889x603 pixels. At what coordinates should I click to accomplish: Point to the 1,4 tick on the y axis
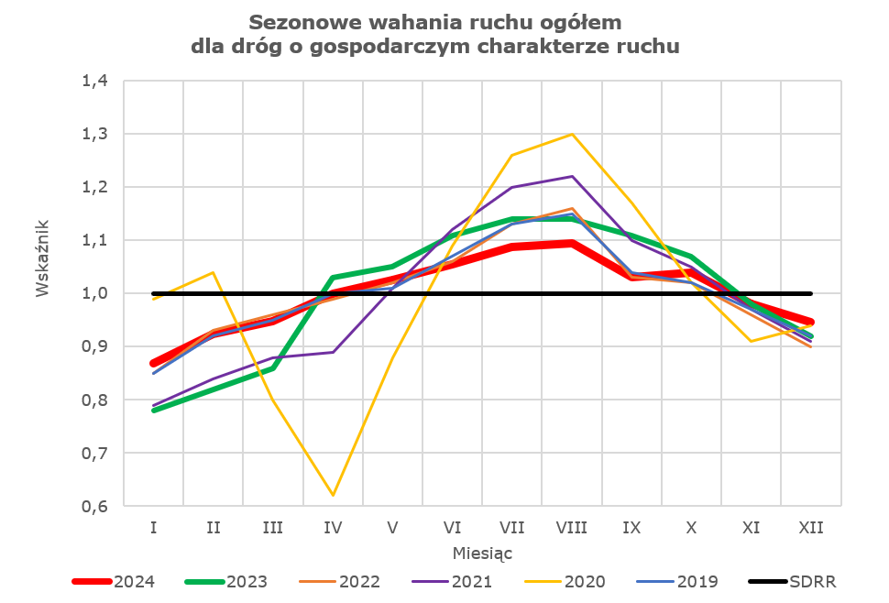click(94, 81)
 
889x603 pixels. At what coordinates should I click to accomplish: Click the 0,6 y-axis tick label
click(94, 507)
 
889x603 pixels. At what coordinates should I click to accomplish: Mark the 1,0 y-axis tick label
click(94, 293)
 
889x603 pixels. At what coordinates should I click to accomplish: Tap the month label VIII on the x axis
click(572, 528)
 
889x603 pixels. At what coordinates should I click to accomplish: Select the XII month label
click(810, 528)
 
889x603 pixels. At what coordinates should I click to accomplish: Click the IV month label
click(333, 528)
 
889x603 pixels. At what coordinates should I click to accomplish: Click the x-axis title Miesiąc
click(482, 554)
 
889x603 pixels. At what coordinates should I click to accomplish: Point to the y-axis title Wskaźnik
click(42, 257)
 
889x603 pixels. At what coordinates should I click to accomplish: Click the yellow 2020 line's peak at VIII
click(572, 134)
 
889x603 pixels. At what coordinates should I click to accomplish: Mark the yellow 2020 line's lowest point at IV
click(333, 496)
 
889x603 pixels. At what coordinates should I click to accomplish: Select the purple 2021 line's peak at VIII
click(572, 176)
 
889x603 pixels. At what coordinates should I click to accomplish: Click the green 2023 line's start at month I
click(154, 411)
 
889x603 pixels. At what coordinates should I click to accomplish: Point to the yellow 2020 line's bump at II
click(214, 272)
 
